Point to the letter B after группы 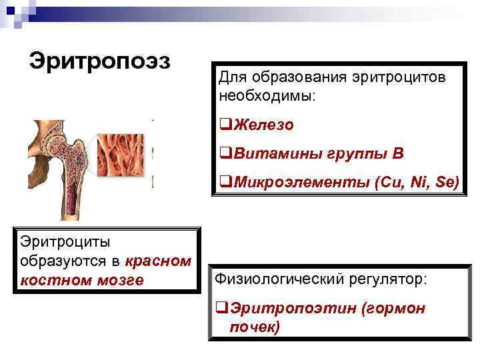coord(398,154)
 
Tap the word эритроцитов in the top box coord(402,77)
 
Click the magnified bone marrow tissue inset coord(124,161)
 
